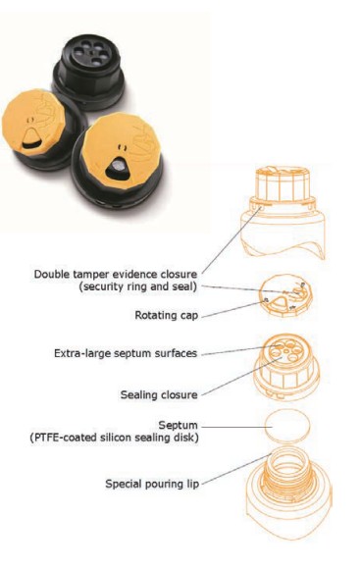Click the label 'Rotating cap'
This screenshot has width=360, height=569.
(166, 315)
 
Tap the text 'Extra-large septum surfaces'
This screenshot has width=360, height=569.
(126, 353)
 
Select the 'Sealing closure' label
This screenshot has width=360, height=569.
(159, 394)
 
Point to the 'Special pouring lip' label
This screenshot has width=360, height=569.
(152, 484)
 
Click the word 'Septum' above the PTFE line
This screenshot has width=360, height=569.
(179, 425)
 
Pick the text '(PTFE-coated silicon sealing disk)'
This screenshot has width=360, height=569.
(114, 438)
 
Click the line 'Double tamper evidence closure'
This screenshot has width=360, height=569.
(116, 274)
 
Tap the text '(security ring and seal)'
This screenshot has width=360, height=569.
(138, 286)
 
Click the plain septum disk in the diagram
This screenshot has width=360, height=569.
(287, 427)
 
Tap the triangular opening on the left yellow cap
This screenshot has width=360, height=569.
(31, 139)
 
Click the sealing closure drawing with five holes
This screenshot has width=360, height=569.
(286, 368)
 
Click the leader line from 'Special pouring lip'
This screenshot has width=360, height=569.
(236, 469)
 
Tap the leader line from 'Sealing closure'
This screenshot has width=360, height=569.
(241, 377)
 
